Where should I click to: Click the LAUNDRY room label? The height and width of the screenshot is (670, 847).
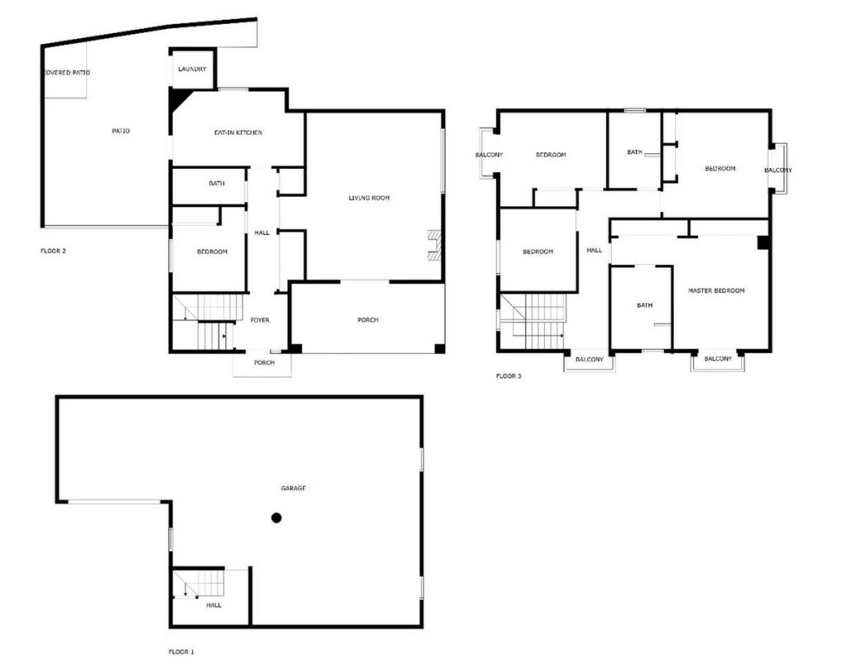192,69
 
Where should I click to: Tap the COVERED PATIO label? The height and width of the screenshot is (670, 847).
66,73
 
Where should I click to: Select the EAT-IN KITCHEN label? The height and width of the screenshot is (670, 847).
238,132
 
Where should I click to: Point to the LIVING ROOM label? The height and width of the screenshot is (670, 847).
369,198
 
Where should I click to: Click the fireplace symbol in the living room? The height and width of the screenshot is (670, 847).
435,246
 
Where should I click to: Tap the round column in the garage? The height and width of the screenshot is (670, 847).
276,518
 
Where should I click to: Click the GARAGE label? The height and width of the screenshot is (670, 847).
294,488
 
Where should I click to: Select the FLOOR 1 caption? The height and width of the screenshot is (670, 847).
181,652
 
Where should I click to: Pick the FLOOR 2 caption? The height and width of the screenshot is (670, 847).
53,251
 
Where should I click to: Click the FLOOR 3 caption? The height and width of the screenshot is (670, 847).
509,376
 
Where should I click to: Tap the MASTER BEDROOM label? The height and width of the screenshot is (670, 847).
716,290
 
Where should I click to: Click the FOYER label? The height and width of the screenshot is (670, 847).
260,320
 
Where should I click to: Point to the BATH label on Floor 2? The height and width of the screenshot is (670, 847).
217,184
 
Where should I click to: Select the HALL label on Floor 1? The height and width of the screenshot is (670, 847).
213,605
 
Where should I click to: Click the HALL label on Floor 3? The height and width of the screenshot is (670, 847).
594,250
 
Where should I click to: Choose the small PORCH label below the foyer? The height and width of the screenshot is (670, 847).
264,362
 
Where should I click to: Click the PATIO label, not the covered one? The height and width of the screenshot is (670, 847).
121,131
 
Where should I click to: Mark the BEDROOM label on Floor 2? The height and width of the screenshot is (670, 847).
213,251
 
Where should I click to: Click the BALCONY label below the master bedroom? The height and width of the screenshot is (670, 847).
718,359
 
